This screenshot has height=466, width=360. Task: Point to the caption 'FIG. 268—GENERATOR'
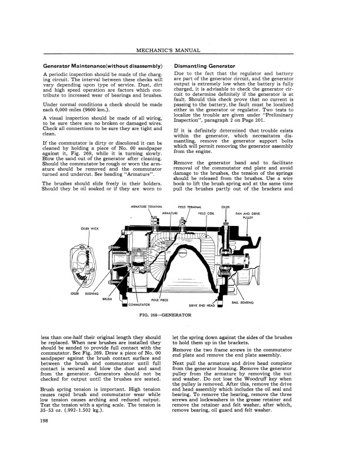pos(166,315)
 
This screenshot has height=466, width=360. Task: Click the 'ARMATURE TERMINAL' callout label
pos(146,208)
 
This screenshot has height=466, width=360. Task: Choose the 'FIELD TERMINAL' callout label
pos(190,208)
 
